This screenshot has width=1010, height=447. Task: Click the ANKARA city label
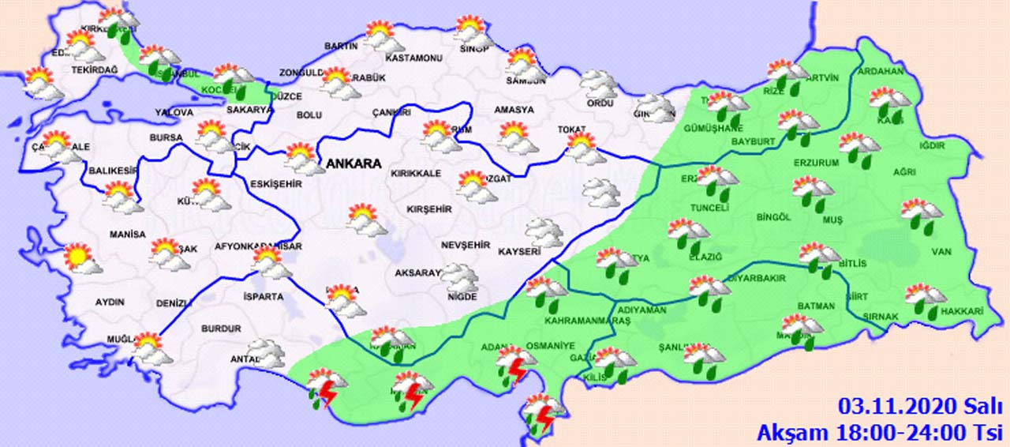pos(352,164)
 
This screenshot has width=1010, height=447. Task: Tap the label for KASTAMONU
pos(412,58)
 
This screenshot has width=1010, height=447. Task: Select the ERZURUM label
pos(816,163)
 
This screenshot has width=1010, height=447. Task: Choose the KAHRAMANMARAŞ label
pos(588,322)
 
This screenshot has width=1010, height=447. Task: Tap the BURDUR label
pos(221,329)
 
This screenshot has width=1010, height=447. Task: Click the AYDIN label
pos(111,302)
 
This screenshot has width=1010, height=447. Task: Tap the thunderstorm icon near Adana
pos(514,365)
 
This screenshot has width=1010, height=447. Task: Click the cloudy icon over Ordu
pos(599,84)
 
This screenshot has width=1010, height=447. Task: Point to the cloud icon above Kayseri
pos(544,232)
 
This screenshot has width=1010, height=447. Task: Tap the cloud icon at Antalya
pos(265,353)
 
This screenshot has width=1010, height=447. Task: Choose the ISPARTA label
pos(264,297)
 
